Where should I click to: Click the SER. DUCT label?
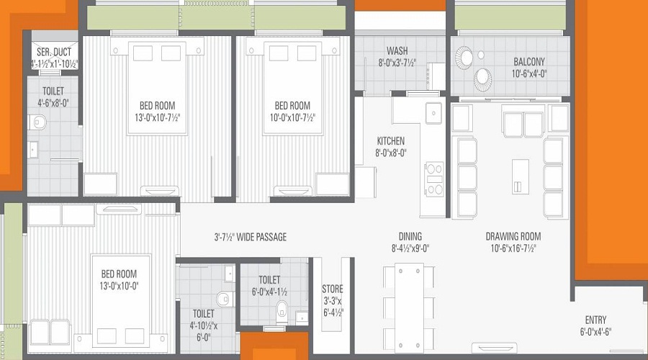(x=54, y=52)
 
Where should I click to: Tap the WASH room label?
(x=397, y=51)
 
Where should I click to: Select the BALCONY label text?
(x=529, y=62)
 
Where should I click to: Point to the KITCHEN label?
(x=390, y=140)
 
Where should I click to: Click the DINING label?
(x=410, y=236)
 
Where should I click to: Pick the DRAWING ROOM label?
(x=513, y=236)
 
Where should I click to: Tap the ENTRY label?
(x=595, y=320)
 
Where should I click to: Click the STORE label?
(x=333, y=289)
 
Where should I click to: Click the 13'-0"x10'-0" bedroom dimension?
(x=119, y=286)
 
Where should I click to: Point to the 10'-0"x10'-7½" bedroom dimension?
(x=292, y=117)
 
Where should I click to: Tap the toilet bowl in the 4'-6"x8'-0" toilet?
(x=38, y=122)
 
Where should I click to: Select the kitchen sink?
(x=433, y=112)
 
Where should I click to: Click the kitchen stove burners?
(x=434, y=179)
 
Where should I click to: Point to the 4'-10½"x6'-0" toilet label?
(x=203, y=325)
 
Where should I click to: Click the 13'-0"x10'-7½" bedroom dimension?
(x=158, y=117)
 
